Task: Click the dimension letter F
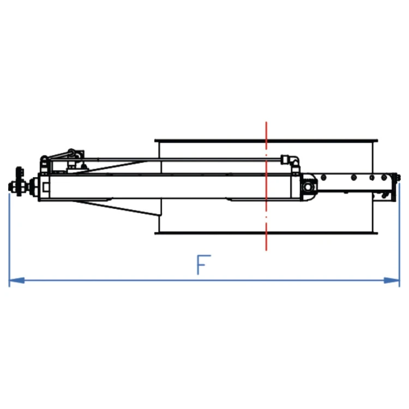[203, 264]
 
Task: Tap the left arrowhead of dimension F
[17, 281]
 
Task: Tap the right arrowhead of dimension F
[392, 281]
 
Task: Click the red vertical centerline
[266, 186]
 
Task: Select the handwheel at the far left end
[19, 181]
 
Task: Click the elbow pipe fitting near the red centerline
[293, 161]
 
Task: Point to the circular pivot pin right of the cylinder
[308, 187]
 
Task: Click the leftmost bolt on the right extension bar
[324, 178]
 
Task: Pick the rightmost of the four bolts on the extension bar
[384, 178]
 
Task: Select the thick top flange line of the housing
[266, 141]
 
